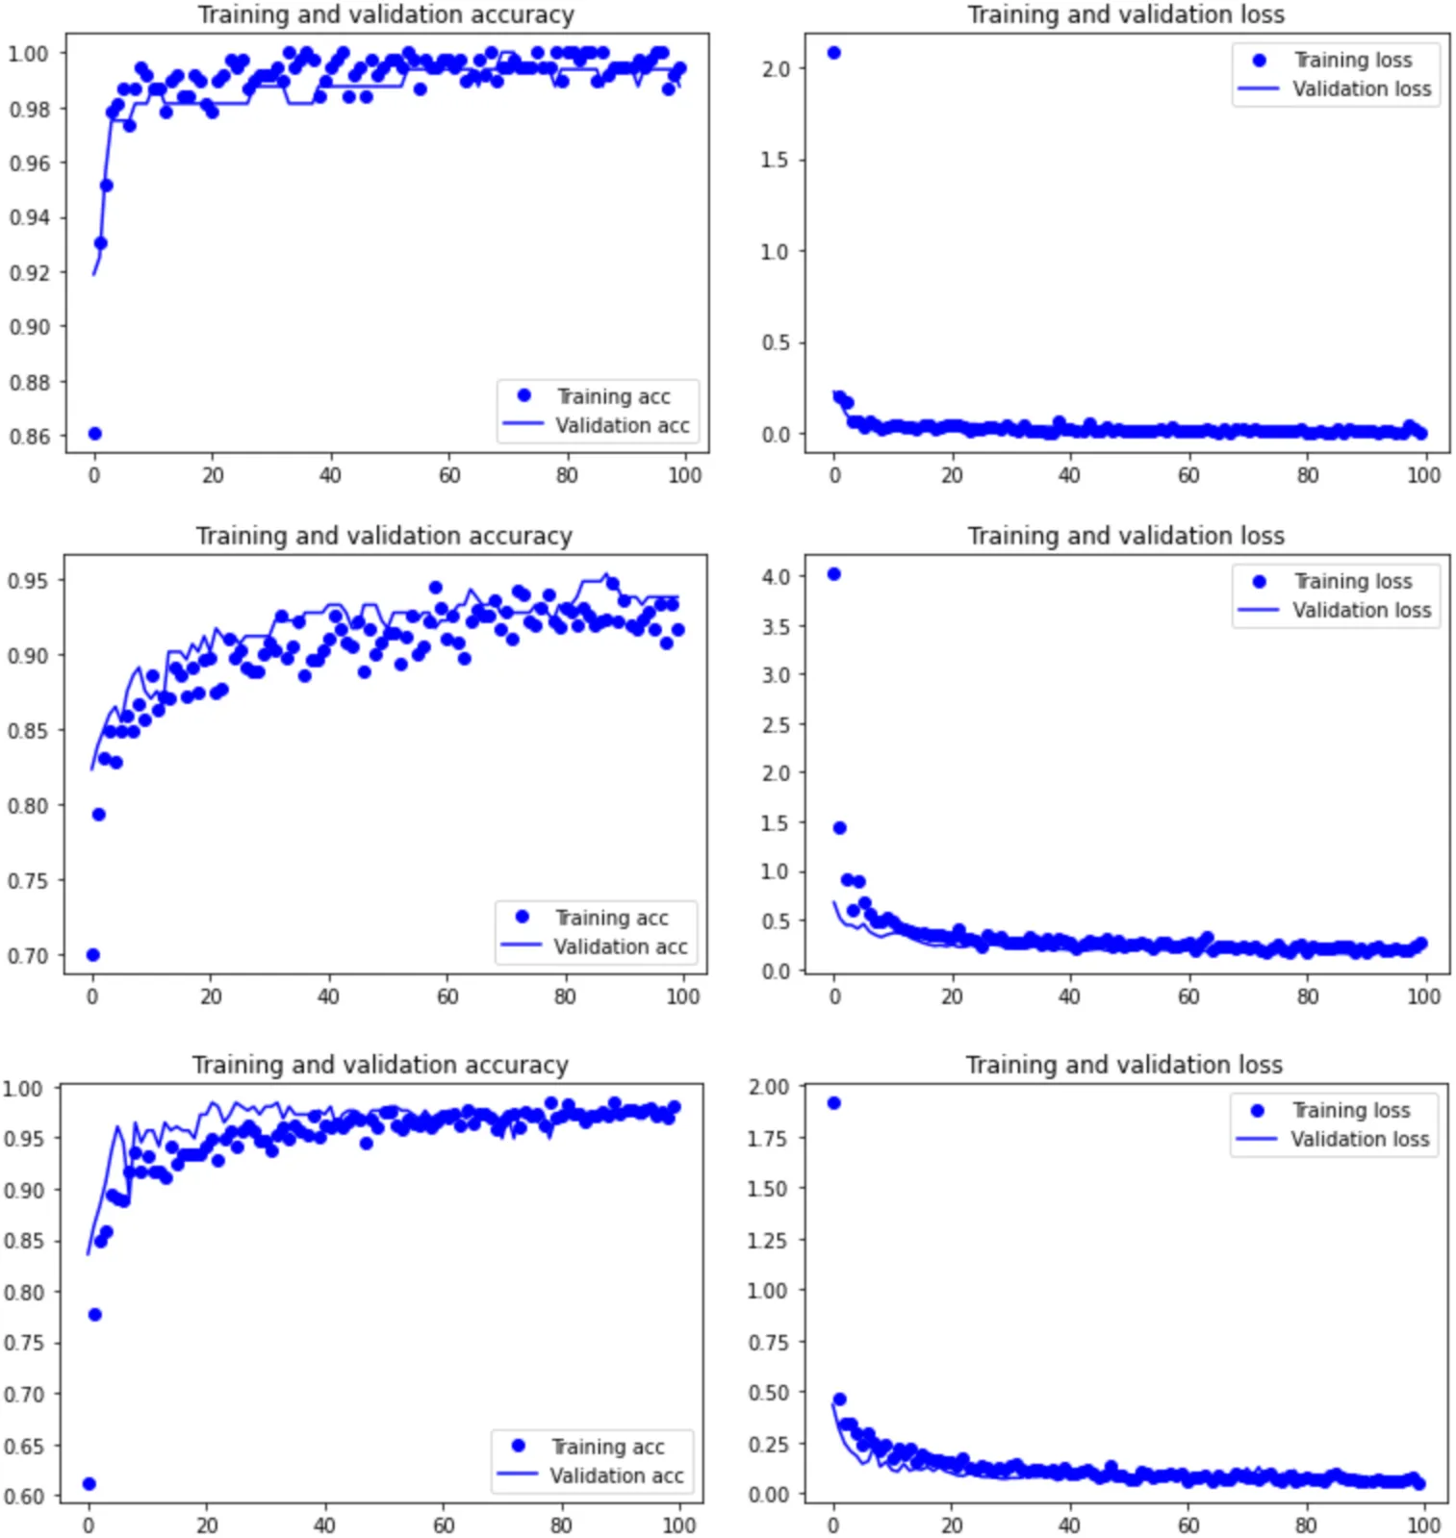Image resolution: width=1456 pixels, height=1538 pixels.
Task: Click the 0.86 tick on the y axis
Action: click(29, 436)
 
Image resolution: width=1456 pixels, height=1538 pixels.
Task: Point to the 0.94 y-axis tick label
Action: click(29, 217)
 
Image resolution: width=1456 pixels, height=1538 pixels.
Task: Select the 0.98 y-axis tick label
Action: click(29, 109)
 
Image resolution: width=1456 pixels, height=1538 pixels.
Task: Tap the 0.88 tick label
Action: click(29, 382)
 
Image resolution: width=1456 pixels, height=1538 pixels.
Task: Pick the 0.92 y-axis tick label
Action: click(29, 272)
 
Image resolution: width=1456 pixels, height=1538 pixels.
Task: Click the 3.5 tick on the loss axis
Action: click(776, 626)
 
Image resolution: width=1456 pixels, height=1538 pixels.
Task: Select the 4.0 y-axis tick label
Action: click(776, 576)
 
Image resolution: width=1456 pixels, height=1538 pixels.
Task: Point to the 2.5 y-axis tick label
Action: click(776, 724)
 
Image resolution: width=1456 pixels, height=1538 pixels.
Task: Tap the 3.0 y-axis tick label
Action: click(776, 674)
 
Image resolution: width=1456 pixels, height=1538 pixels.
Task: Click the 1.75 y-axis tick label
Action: click(768, 1138)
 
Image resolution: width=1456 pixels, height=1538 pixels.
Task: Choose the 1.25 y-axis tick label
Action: click(768, 1240)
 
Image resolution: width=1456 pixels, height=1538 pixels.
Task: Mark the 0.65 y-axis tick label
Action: click(25, 1446)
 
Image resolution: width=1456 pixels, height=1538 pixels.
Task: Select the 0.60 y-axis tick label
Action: click(25, 1497)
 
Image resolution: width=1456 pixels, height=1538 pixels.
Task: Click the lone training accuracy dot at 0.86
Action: click(94, 434)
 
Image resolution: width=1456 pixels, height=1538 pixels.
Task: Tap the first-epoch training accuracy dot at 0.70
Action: click(93, 955)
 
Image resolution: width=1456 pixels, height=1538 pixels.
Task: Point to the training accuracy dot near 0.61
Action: click(89, 1484)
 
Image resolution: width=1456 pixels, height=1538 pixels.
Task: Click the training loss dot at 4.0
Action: click(834, 574)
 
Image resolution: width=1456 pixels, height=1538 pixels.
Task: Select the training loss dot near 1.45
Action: click(839, 828)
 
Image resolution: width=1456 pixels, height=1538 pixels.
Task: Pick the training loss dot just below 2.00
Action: click(833, 1103)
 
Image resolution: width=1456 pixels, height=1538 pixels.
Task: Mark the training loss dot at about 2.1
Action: click(834, 53)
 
